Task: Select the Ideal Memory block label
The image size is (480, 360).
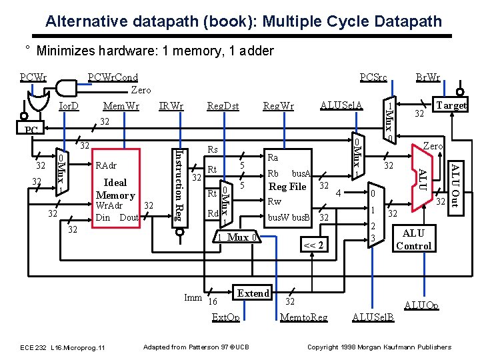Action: click(115, 189)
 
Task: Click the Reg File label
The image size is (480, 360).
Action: click(287, 187)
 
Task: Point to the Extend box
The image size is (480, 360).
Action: click(253, 293)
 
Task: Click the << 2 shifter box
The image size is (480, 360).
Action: click(313, 245)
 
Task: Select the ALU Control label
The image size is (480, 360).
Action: click(413, 239)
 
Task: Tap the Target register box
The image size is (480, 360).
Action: click(451, 105)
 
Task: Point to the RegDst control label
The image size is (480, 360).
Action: click(223, 105)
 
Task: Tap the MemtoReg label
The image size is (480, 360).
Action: click(305, 317)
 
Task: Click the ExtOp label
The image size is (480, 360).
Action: click(225, 317)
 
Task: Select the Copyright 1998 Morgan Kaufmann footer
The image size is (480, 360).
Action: click(379, 347)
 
